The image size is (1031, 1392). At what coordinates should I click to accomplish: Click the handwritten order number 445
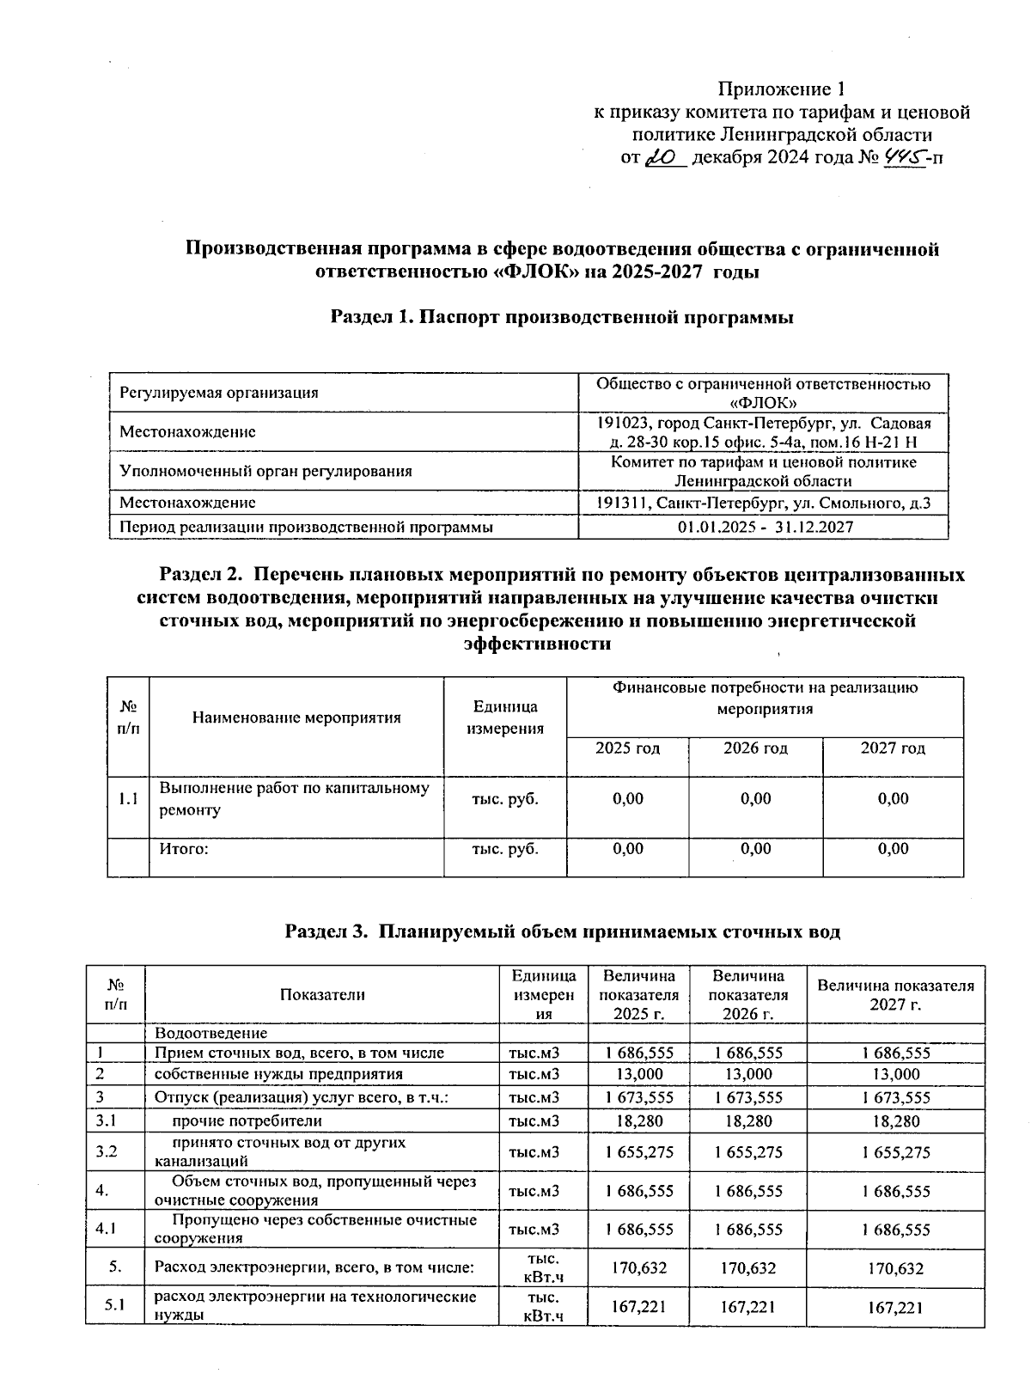(x=901, y=156)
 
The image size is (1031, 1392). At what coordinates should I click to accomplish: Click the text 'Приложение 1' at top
(x=782, y=89)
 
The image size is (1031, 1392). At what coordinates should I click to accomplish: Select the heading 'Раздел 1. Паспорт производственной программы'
(x=562, y=317)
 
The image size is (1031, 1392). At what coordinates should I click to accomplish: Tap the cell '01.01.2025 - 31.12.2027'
(x=765, y=527)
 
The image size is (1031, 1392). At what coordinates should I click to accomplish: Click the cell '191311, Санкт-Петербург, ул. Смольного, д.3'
(x=765, y=504)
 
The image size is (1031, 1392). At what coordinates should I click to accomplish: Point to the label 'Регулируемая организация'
(x=219, y=393)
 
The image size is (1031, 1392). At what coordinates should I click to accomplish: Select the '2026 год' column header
(x=755, y=748)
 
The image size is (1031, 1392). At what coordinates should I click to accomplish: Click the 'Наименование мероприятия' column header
(x=296, y=717)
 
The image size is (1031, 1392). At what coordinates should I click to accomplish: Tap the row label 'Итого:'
(x=185, y=849)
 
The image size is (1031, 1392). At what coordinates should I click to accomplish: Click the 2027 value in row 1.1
(x=893, y=799)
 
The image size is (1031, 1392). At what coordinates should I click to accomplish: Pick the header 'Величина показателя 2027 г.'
(x=895, y=994)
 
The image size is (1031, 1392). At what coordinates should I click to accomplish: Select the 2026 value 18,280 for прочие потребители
(x=748, y=1120)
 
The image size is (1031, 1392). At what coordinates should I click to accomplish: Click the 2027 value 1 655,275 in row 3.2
(x=895, y=1152)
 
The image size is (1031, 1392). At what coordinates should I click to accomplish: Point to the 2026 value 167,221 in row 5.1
(x=748, y=1307)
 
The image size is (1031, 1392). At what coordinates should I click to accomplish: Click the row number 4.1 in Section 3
(x=107, y=1229)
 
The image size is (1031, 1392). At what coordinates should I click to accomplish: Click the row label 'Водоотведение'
(x=210, y=1033)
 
